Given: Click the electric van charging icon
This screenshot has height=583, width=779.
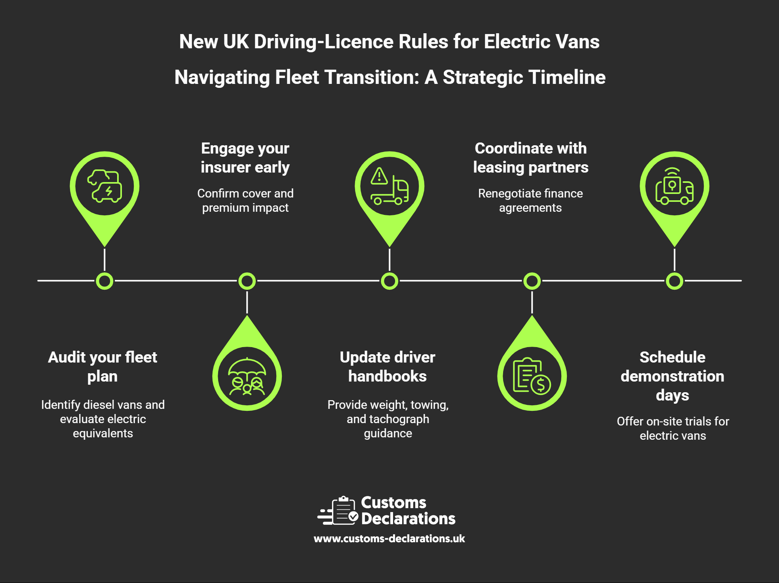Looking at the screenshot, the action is point(104,186).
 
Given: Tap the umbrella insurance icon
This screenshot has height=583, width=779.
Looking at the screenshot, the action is point(247,376).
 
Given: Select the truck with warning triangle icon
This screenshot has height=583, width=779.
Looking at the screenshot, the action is point(389,186).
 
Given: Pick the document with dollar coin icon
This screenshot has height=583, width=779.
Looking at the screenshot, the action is point(532,376).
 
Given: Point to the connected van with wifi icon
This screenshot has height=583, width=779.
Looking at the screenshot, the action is point(674,186).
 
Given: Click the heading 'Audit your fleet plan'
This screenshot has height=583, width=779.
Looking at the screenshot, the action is point(103,367).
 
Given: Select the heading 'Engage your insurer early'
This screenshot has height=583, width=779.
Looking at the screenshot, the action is point(245,158).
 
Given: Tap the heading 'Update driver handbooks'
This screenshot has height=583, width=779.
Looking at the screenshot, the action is point(388,367).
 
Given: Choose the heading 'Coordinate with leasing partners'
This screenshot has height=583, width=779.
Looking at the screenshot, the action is point(530,158).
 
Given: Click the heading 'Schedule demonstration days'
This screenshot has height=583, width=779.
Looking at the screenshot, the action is point(673,376).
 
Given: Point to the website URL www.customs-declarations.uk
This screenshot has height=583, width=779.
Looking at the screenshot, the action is point(389,539).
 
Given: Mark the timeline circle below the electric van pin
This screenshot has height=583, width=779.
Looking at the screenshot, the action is point(104,281).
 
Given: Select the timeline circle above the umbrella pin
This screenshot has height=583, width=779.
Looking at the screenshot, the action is point(247,281).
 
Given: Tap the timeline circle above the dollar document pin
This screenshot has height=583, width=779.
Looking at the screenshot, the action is point(532,281).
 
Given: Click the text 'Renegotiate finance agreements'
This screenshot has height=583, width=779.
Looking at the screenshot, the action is point(530,200).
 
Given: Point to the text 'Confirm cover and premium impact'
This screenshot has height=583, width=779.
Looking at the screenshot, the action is point(245,200).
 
